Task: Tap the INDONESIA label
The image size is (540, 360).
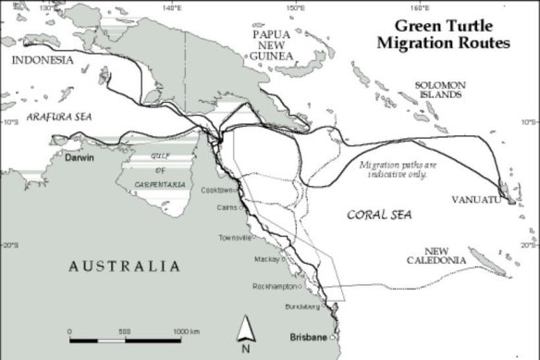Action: click(43, 60)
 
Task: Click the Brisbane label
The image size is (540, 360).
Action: click(307, 336)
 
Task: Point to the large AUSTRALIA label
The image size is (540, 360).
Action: click(123, 267)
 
